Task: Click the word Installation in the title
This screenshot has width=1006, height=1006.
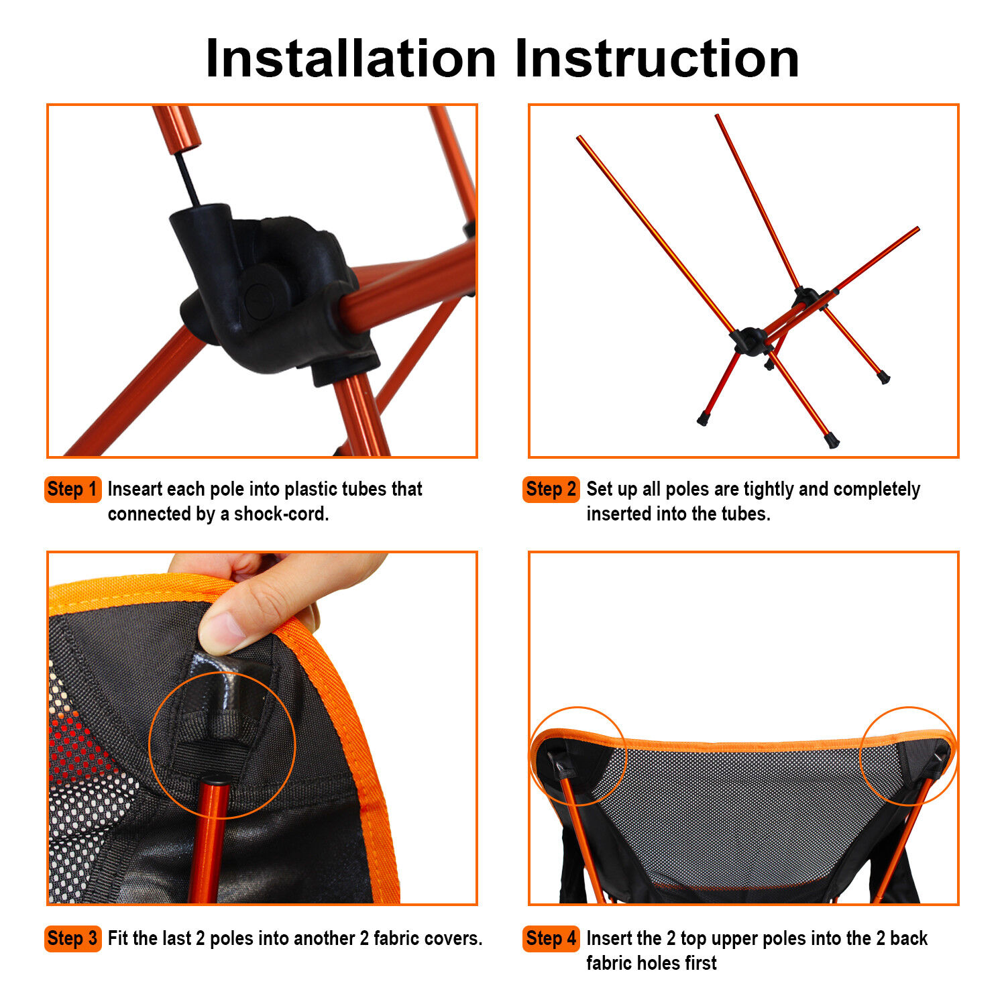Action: tap(350, 59)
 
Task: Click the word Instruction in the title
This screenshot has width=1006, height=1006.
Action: tap(657, 59)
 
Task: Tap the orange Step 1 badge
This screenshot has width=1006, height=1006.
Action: tap(72, 489)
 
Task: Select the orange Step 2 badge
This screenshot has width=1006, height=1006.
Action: tap(551, 489)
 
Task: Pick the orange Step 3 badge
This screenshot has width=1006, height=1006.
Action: tap(72, 938)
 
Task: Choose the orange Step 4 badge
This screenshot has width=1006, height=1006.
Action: tap(551, 938)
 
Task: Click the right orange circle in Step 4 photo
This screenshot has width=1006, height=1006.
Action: tap(908, 754)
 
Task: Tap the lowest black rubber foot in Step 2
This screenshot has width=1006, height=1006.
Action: tap(832, 441)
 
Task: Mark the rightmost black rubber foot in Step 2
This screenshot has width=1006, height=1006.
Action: tap(884, 378)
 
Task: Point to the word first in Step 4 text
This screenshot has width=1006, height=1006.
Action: tap(700, 963)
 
